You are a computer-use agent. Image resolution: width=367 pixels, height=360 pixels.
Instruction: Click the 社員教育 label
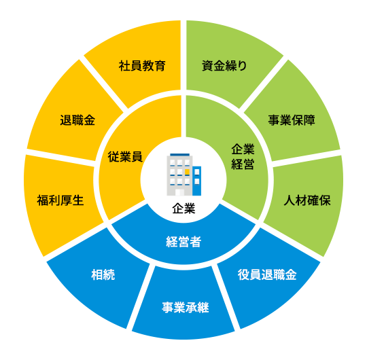pos(142,66)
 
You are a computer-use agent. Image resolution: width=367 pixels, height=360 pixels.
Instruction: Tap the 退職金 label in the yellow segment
pos(77,120)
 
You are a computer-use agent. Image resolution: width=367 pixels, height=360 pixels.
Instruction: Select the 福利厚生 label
pos(60,200)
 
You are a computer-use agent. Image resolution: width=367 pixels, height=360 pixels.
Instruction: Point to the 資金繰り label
pos(224,66)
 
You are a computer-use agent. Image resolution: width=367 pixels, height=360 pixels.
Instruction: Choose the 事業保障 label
pos(292,120)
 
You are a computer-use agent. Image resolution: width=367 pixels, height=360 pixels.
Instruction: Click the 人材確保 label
pos(307,200)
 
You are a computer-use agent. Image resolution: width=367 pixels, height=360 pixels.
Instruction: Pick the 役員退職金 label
pos(267,274)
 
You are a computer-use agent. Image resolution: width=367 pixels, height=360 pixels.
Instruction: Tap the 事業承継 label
pos(186,308)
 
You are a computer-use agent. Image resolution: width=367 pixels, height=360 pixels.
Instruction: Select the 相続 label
pos(103,274)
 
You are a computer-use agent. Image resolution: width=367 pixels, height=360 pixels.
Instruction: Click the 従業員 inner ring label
pos(125,156)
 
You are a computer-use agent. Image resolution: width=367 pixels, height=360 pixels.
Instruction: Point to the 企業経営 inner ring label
pos(243,156)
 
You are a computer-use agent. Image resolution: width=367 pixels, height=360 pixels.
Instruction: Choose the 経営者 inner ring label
pos(183,242)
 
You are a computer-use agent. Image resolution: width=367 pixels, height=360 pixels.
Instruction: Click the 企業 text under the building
pos(183,208)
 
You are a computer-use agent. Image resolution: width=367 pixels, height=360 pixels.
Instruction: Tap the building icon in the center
pos(183,175)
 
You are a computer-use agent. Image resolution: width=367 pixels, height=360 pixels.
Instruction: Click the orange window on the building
pos(187,172)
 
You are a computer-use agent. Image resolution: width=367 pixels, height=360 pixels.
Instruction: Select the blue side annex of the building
pos(197,181)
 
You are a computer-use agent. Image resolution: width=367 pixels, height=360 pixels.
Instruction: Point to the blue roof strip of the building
pos(179,155)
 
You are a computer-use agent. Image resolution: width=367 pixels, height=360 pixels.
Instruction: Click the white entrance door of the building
pos(179,192)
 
